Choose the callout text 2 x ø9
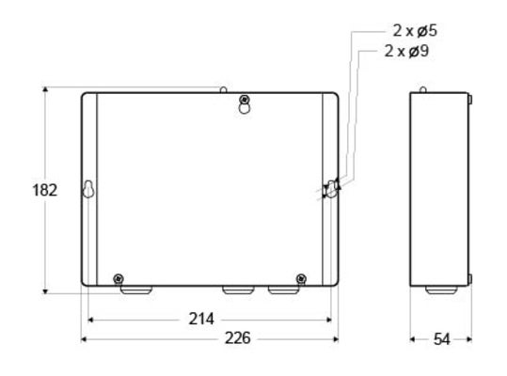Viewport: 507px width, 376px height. tap(409, 50)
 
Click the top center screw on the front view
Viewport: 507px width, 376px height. tap(245, 100)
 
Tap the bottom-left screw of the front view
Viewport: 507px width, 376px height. tap(118, 277)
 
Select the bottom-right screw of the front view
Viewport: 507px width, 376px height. tap(301, 277)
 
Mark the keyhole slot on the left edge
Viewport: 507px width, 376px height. tap(87, 190)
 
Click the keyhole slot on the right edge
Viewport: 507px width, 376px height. tap(331, 189)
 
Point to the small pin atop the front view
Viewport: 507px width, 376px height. tap(224, 89)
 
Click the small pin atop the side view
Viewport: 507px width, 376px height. tap(423, 89)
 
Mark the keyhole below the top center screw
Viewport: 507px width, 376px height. tap(245, 109)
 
